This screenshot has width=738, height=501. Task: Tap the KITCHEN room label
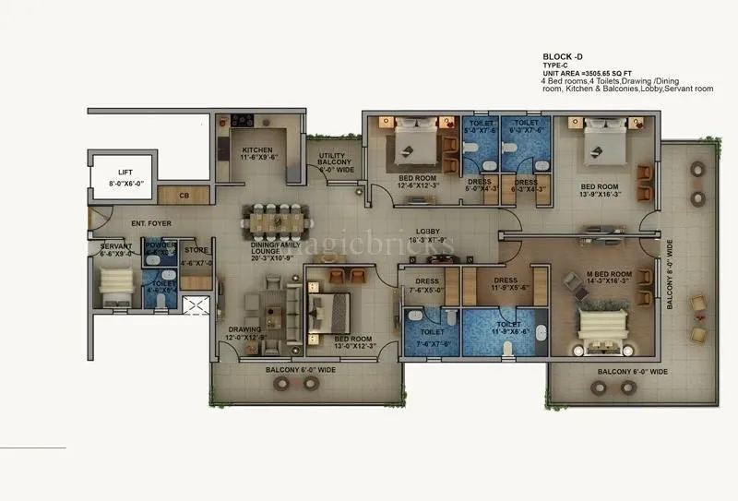click(x=260, y=152)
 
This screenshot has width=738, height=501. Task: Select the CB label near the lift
click(x=184, y=196)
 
